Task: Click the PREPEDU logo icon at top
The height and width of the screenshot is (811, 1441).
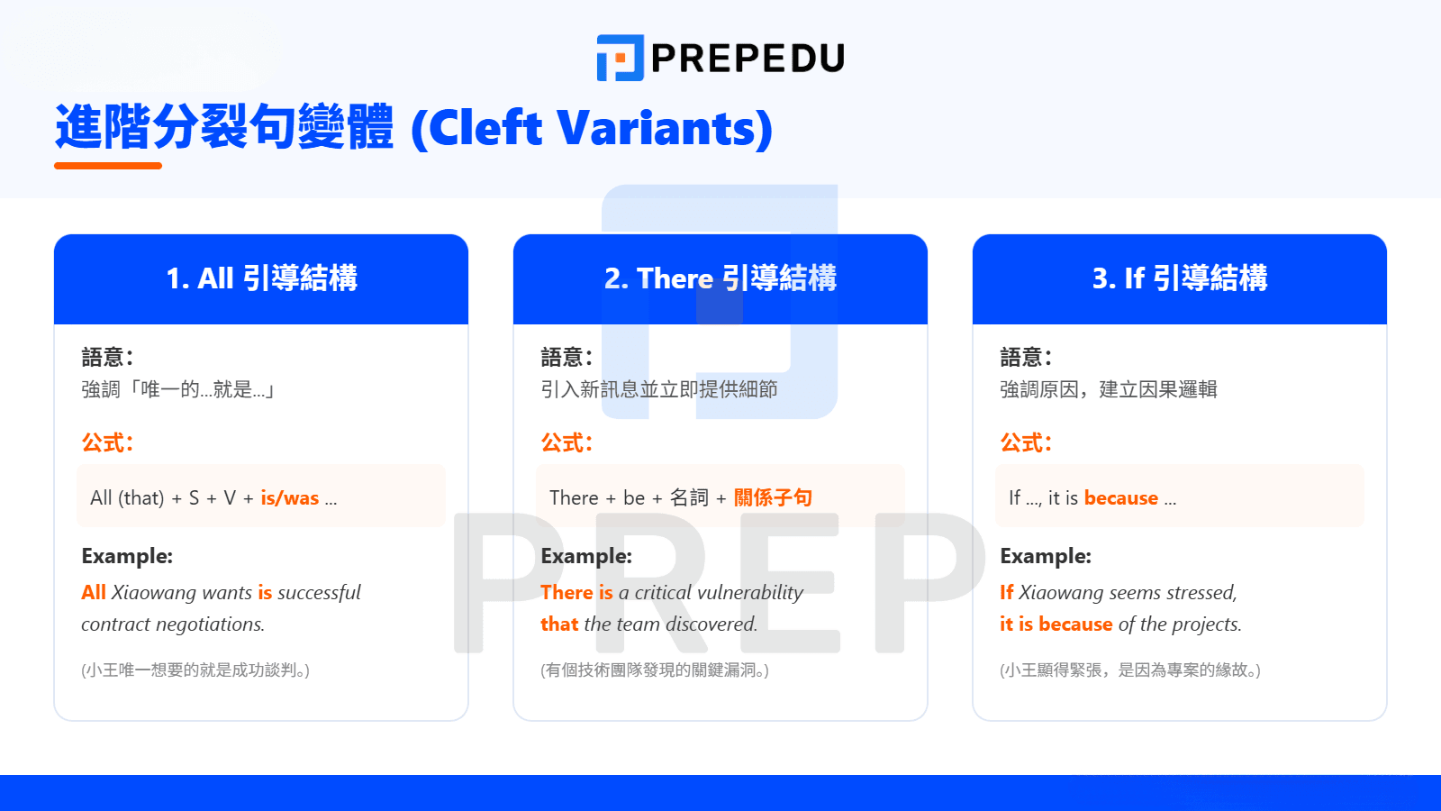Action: pyautogui.click(x=621, y=58)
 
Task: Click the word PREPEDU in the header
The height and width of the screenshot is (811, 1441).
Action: pyautogui.click(x=748, y=58)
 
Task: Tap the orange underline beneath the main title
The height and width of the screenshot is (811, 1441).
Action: pyautogui.click(x=108, y=166)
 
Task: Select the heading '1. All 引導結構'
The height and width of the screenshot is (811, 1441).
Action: pyautogui.click(x=261, y=278)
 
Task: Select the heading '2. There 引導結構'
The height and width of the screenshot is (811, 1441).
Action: pyautogui.click(x=720, y=278)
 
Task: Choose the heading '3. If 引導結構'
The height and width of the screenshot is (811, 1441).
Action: pyautogui.click(x=1180, y=278)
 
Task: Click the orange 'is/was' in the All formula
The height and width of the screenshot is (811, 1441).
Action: pyautogui.click(x=289, y=498)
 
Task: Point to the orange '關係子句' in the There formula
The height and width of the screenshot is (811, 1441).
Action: pyautogui.click(x=773, y=497)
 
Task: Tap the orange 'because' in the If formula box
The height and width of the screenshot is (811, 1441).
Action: pyautogui.click(x=1120, y=498)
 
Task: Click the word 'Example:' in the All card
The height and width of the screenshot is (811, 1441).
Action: pyautogui.click(x=127, y=556)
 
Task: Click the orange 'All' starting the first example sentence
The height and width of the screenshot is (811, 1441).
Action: pyautogui.click(x=94, y=592)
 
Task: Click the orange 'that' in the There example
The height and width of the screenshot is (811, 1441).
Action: pyautogui.click(x=559, y=624)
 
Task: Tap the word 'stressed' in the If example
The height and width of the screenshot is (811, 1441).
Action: pyautogui.click(x=1201, y=593)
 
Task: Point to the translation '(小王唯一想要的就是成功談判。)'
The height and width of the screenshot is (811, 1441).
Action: pyautogui.click(x=195, y=670)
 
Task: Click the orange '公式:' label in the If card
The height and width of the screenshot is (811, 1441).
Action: pyautogui.click(x=1026, y=442)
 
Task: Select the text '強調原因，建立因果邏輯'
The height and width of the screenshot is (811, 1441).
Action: pyautogui.click(x=1109, y=389)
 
